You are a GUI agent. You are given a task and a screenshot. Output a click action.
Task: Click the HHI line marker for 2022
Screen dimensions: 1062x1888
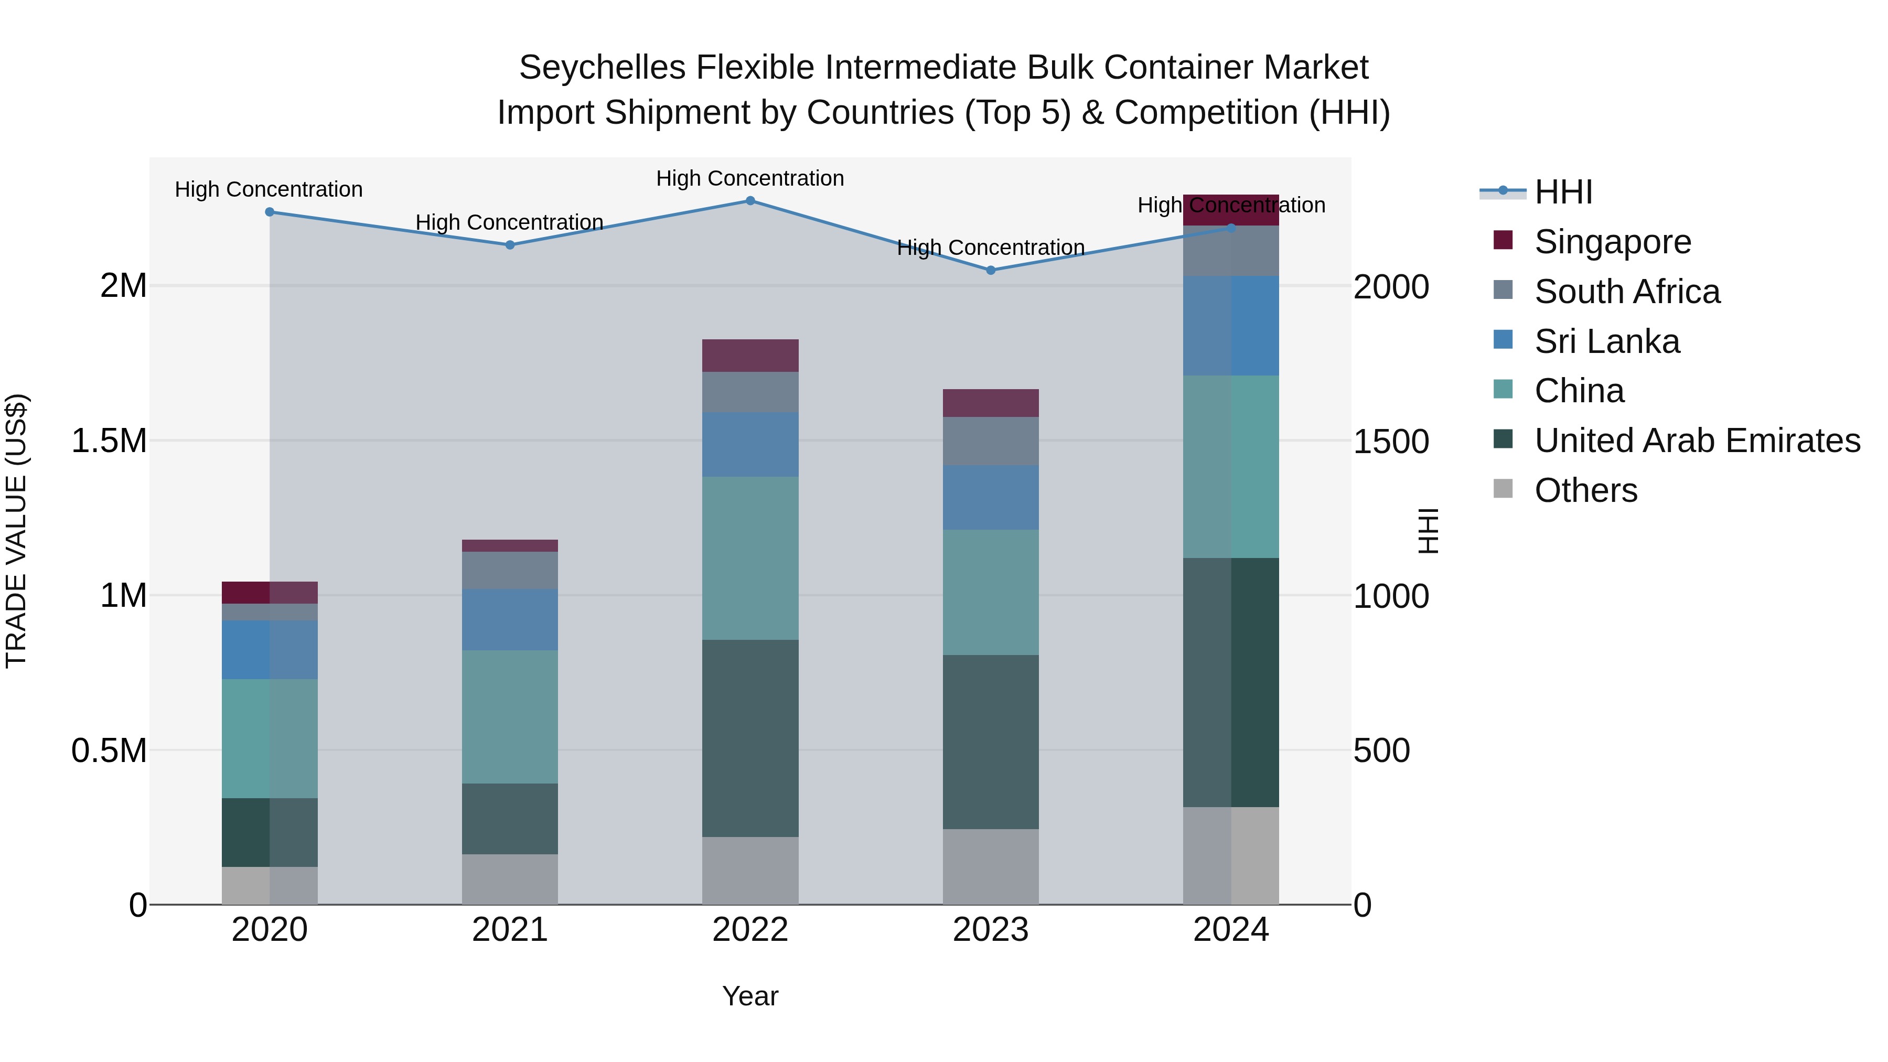750,200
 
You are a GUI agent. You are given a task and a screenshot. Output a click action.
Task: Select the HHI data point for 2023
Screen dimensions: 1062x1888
990,270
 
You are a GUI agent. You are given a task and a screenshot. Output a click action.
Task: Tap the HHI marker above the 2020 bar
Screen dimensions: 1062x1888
269,212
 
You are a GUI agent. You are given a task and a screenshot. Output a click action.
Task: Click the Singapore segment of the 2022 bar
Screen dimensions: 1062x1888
750,356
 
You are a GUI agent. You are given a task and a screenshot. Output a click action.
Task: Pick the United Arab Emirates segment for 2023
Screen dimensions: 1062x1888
990,742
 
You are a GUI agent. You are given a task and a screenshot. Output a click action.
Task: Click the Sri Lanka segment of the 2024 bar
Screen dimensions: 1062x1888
1230,325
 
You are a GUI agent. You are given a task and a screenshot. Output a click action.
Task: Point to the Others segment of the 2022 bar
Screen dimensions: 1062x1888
750,870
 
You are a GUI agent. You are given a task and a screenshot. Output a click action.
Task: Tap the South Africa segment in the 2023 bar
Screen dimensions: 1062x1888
990,441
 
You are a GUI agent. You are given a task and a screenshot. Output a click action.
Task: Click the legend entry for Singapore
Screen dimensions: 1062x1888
1613,242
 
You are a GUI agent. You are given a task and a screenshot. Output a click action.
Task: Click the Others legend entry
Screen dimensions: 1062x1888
1585,490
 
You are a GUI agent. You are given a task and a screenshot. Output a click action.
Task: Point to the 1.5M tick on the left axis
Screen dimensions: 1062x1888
109,441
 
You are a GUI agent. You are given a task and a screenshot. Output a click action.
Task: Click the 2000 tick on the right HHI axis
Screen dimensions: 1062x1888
1390,286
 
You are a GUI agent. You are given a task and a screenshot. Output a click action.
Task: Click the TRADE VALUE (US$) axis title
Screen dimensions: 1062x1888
16,531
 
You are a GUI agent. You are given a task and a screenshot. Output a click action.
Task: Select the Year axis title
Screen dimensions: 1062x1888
750,996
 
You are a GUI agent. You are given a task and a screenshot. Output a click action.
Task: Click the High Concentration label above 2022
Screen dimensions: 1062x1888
750,178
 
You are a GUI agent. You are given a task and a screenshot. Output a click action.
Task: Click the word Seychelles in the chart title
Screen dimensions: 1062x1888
602,68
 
